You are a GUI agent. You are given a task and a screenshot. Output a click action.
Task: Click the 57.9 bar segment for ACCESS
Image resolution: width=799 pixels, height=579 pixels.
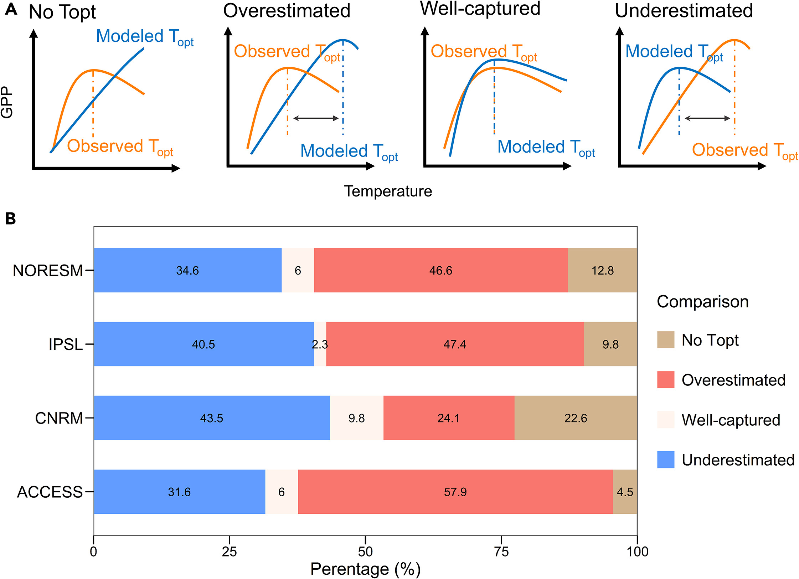click(455, 492)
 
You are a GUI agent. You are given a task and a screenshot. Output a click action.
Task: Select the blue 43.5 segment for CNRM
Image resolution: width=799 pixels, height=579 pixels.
click(212, 418)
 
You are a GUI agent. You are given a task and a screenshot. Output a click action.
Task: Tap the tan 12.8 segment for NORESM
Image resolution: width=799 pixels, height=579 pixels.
click(602, 270)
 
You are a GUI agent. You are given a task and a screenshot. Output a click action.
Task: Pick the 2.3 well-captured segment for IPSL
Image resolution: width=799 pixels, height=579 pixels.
click(320, 344)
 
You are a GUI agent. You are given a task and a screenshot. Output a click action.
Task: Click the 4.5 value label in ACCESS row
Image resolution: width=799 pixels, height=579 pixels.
click(625, 492)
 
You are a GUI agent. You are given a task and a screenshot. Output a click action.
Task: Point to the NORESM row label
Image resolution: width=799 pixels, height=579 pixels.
click(48, 271)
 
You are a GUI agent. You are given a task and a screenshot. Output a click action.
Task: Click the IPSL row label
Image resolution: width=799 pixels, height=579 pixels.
click(66, 344)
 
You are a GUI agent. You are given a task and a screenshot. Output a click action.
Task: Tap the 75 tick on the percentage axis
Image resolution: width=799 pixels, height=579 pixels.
click(501, 551)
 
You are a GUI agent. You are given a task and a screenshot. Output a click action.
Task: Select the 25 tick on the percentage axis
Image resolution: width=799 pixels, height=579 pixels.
click(229, 551)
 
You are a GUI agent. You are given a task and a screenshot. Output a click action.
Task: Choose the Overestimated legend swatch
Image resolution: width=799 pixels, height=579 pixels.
click(666, 380)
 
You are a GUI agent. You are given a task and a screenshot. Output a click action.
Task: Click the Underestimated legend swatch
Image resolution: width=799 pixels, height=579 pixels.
click(666, 460)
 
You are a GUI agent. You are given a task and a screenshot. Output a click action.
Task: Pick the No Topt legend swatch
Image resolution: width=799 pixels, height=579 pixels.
click(666, 340)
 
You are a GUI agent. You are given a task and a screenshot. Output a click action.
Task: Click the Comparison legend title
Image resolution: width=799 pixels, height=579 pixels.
click(702, 302)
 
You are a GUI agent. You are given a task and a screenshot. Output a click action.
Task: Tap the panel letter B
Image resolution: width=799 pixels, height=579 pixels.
click(11, 219)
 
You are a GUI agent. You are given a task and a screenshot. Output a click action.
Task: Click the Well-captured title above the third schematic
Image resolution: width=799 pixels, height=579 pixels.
click(480, 9)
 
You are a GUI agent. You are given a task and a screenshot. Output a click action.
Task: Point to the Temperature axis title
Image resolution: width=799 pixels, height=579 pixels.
click(388, 191)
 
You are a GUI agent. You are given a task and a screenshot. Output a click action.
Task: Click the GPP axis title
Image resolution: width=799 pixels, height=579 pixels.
click(7, 102)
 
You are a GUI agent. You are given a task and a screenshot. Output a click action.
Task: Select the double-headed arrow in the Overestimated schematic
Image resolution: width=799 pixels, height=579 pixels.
click(315, 118)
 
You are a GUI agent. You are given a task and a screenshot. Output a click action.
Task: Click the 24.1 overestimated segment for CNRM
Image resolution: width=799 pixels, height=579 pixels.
click(449, 418)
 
